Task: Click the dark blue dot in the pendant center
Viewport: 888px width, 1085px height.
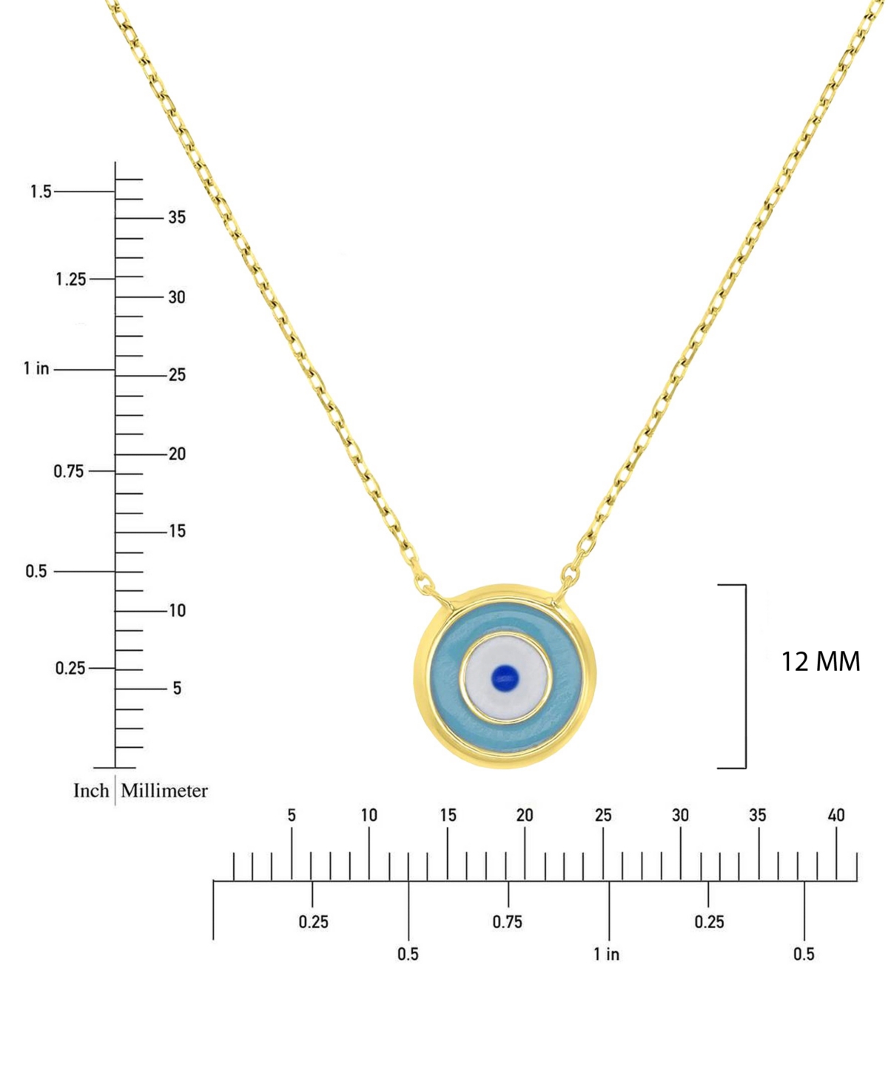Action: tap(505, 677)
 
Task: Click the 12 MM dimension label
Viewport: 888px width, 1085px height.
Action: tap(820, 661)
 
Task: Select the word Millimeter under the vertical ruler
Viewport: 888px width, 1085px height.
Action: tap(164, 791)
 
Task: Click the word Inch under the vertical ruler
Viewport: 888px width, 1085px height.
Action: tap(91, 791)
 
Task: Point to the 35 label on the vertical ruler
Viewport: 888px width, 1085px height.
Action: tap(177, 217)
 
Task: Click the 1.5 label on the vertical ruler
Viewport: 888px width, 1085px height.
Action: tap(41, 192)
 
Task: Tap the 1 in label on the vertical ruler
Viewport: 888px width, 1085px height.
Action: tap(36, 368)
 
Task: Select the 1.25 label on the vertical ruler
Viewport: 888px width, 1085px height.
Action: tap(70, 280)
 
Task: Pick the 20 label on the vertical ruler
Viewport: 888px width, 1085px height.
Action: tap(177, 454)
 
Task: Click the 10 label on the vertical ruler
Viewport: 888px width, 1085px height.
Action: tap(177, 611)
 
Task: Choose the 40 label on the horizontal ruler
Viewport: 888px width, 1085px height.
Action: tap(835, 815)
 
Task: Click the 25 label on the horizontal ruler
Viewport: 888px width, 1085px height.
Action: tap(603, 815)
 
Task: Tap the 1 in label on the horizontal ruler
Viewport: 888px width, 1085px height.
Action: tap(606, 954)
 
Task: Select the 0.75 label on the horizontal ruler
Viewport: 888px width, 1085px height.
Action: tap(507, 922)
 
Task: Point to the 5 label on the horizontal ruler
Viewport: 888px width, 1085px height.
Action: tap(292, 815)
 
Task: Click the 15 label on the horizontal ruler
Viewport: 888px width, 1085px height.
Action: tap(448, 815)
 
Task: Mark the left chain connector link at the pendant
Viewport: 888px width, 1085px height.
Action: tap(425, 583)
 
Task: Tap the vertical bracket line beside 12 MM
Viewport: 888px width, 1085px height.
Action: tap(745, 676)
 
